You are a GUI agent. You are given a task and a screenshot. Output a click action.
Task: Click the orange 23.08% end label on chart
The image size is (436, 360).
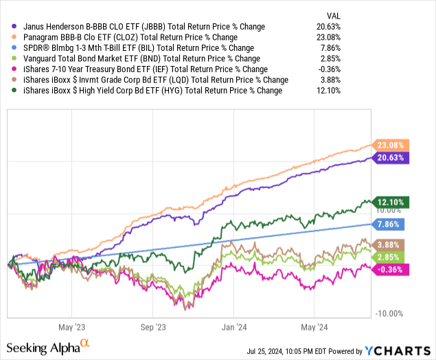click(x=391, y=145)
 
